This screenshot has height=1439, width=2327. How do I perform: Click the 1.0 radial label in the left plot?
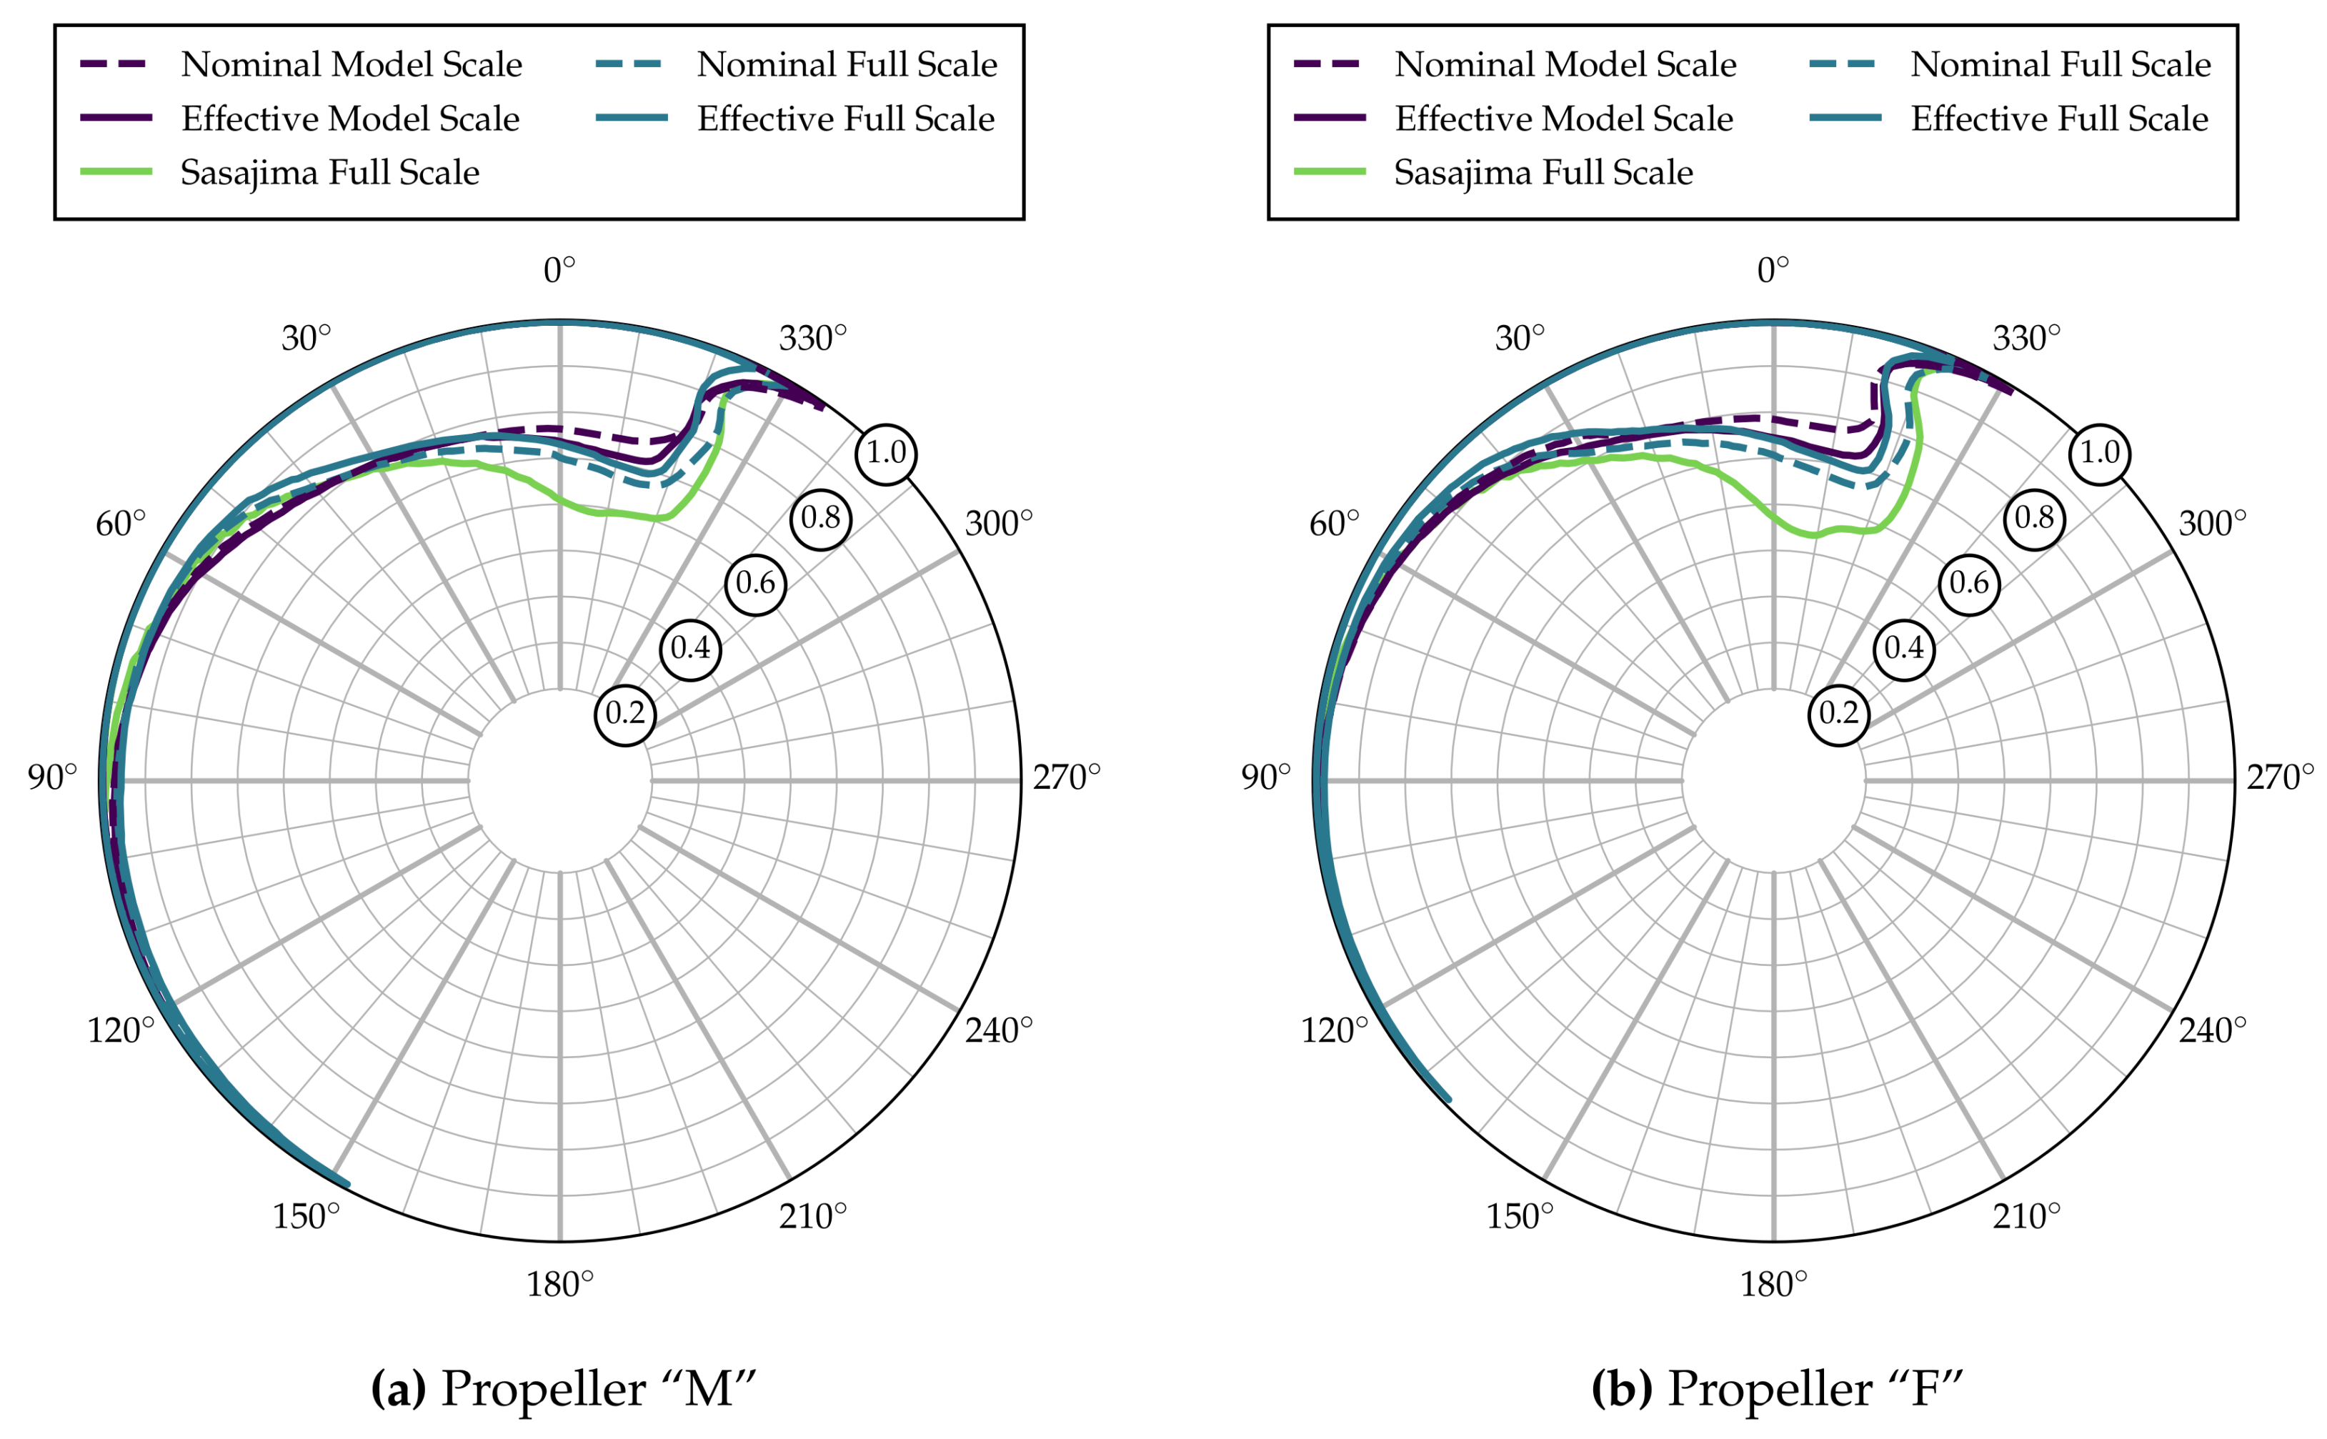tap(885, 453)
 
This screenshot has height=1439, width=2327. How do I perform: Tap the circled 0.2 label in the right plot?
tap(1838, 714)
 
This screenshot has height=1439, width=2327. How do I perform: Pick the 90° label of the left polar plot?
tap(52, 777)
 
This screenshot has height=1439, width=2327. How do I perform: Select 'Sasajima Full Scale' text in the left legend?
tap(329, 172)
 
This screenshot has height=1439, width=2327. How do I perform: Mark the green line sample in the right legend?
tap(1330, 172)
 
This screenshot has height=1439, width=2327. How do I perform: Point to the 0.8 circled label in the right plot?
tap(2034, 519)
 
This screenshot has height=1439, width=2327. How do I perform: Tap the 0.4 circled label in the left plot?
tap(690, 649)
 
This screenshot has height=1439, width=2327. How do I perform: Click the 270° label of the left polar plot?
tap(1066, 777)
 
